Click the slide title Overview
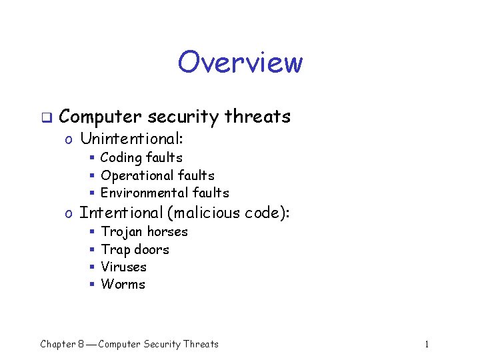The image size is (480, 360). coord(240,63)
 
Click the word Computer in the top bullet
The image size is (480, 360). coord(100,117)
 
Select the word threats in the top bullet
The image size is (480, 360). coord(257,117)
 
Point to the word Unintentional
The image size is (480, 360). coord(131,139)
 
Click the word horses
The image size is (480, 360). coord(167,231)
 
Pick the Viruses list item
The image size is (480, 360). coord(123,267)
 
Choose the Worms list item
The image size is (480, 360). coord(123,284)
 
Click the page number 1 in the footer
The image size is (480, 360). coord(427,344)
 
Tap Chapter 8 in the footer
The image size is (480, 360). coord(61,344)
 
